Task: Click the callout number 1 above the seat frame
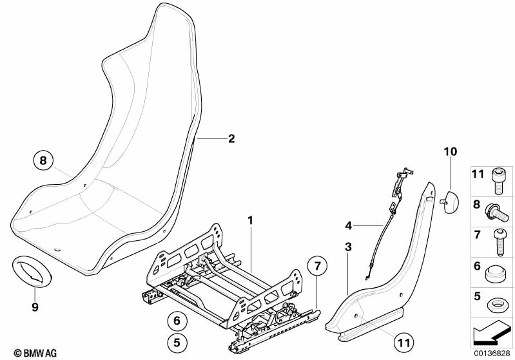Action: [251, 220]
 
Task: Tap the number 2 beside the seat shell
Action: [231, 138]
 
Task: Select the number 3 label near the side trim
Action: [348, 247]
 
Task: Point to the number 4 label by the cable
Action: [349, 225]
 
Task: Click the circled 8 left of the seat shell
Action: [43, 161]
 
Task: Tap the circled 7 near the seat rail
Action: [316, 265]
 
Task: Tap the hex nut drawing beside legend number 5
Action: [496, 301]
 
